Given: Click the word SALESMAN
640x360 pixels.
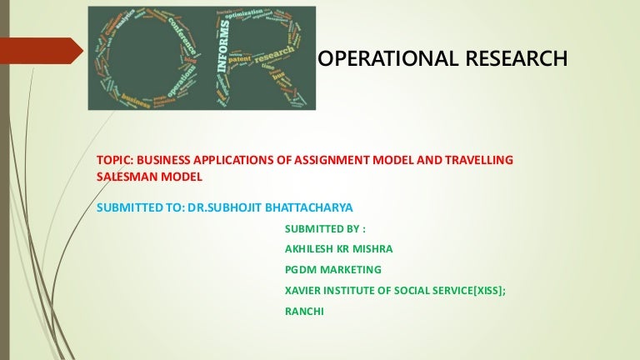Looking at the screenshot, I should [125, 177].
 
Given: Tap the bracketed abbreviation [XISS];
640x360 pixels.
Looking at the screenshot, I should [483, 289].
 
